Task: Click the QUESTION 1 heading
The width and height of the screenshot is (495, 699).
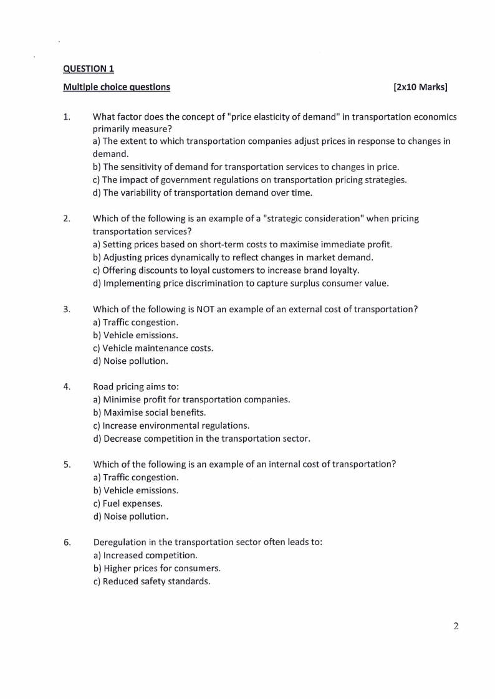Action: (x=89, y=69)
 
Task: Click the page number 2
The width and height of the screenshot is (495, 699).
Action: (x=456, y=626)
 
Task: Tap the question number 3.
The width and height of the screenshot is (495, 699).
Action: (x=67, y=309)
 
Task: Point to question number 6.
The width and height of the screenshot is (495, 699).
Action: (x=67, y=542)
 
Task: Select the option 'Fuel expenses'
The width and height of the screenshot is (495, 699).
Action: (x=128, y=503)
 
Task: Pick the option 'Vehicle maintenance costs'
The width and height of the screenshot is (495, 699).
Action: (x=153, y=348)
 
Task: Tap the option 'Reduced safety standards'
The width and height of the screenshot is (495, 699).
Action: (x=151, y=581)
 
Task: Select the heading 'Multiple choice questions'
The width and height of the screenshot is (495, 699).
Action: (x=117, y=87)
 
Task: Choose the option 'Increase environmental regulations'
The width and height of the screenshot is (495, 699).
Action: (x=171, y=426)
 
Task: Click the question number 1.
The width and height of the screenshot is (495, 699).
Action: (x=67, y=117)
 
